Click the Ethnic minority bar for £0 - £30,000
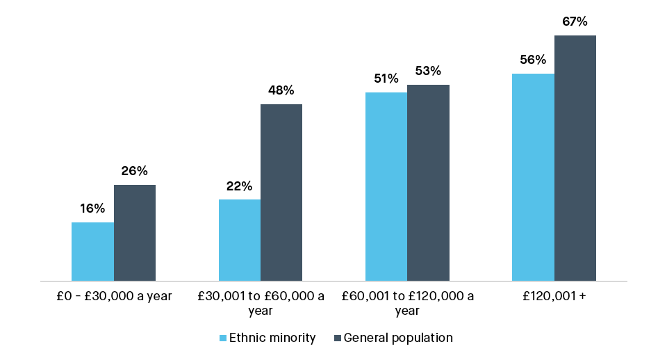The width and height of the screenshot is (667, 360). (x=92, y=252)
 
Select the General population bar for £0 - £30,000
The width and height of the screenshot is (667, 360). (x=135, y=233)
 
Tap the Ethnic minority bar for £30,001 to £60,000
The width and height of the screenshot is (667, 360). (x=240, y=240)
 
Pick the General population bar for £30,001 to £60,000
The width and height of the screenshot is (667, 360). (x=281, y=193)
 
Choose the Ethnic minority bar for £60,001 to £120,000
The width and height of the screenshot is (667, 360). (x=386, y=187)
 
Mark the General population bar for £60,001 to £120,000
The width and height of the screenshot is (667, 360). (x=428, y=183)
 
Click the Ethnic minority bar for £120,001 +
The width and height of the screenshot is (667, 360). (x=533, y=177)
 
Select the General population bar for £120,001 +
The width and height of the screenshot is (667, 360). (x=575, y=158)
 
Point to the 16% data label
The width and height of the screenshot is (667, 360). (x=92, y=208)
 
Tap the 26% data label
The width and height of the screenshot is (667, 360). (x=135, y=171)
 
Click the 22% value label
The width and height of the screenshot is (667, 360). (x=239, y=186)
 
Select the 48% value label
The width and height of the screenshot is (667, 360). (x=281, y=90)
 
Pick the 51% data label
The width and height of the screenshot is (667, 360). (x=386, y=79)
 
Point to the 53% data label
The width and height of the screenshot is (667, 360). (x=428, y=71)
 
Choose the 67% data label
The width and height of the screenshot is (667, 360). (x=575, y=22)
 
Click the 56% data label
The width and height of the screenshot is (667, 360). (x=533, y=60)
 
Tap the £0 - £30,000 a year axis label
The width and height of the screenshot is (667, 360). (x=114, y=296)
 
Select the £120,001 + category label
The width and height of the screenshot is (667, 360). (x=554, y=296)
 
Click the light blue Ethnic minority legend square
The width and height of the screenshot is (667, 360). (x=223, y=338)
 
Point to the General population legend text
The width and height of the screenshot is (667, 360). (x=398, y=338)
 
